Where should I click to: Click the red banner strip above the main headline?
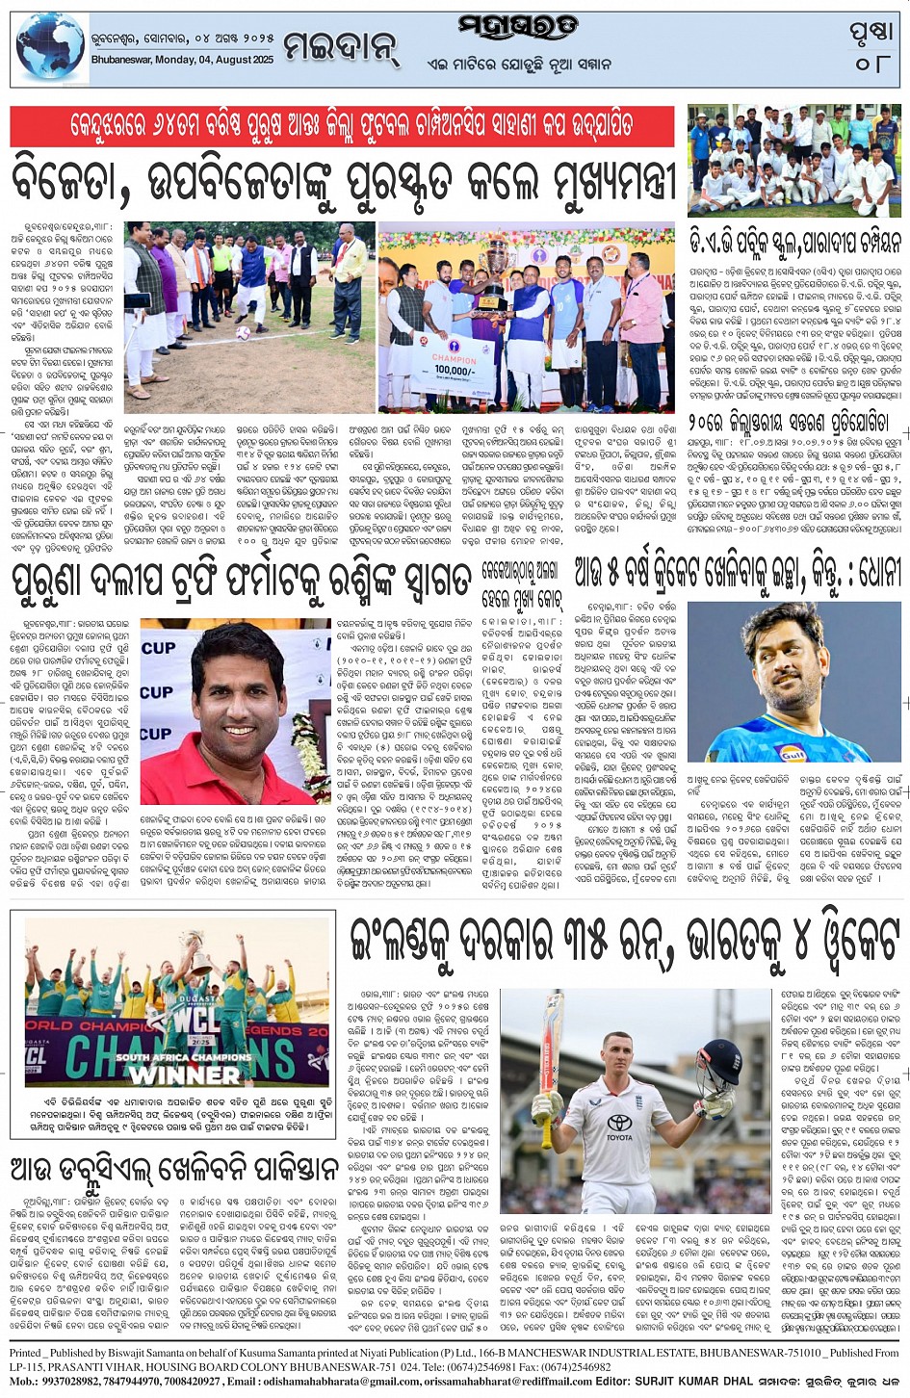[342, 127]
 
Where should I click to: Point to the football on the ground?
[244, 333]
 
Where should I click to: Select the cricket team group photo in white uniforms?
[794, 161]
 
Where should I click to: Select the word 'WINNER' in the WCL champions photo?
[185, 1074]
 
